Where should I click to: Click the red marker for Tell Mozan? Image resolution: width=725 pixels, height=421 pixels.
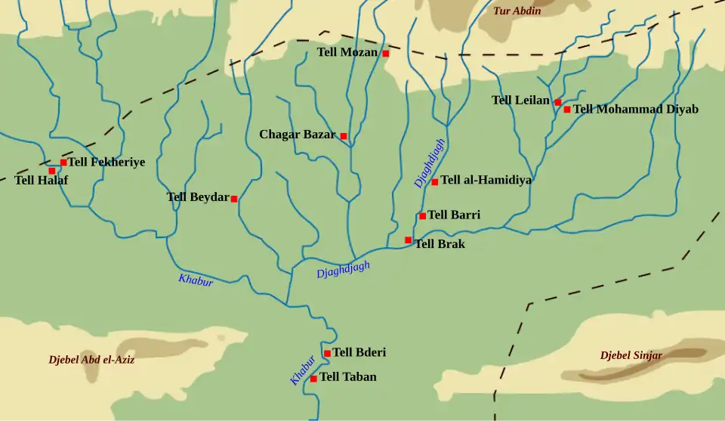coord(385,54)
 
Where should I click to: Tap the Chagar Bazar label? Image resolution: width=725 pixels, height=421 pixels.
coord(297,135)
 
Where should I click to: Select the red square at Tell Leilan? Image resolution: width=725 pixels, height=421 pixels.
coord(557,102)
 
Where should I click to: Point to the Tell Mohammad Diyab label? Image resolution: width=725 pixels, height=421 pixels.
coord(635,109)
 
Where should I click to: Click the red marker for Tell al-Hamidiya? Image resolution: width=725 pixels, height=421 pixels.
coord(434,182)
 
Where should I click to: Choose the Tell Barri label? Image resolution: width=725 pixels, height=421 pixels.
coord(454,215)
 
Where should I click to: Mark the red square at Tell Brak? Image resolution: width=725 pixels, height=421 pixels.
coord(408,240)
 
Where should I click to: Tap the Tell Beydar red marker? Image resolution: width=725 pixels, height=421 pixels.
coord(234,199)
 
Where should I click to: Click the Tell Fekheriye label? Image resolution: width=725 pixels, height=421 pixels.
coord(106,162)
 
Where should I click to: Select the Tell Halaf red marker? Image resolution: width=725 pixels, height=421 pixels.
coord(52,171)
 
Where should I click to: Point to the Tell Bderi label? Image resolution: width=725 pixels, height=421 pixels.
coord(359,352)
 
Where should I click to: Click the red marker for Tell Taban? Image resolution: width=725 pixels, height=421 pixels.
coord(313,379)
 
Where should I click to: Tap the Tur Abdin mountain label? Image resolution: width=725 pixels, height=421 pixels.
coord(517,11)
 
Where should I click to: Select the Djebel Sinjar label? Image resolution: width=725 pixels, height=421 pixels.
coord(631,355)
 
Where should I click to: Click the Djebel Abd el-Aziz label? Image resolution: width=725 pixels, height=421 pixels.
coord(91,360)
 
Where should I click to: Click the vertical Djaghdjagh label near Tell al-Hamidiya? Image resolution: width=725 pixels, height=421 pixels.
coord(429,163)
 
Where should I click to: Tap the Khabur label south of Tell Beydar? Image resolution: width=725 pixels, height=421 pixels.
coord(196,280)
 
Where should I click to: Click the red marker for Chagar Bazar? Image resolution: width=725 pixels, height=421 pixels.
coord(344,136)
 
